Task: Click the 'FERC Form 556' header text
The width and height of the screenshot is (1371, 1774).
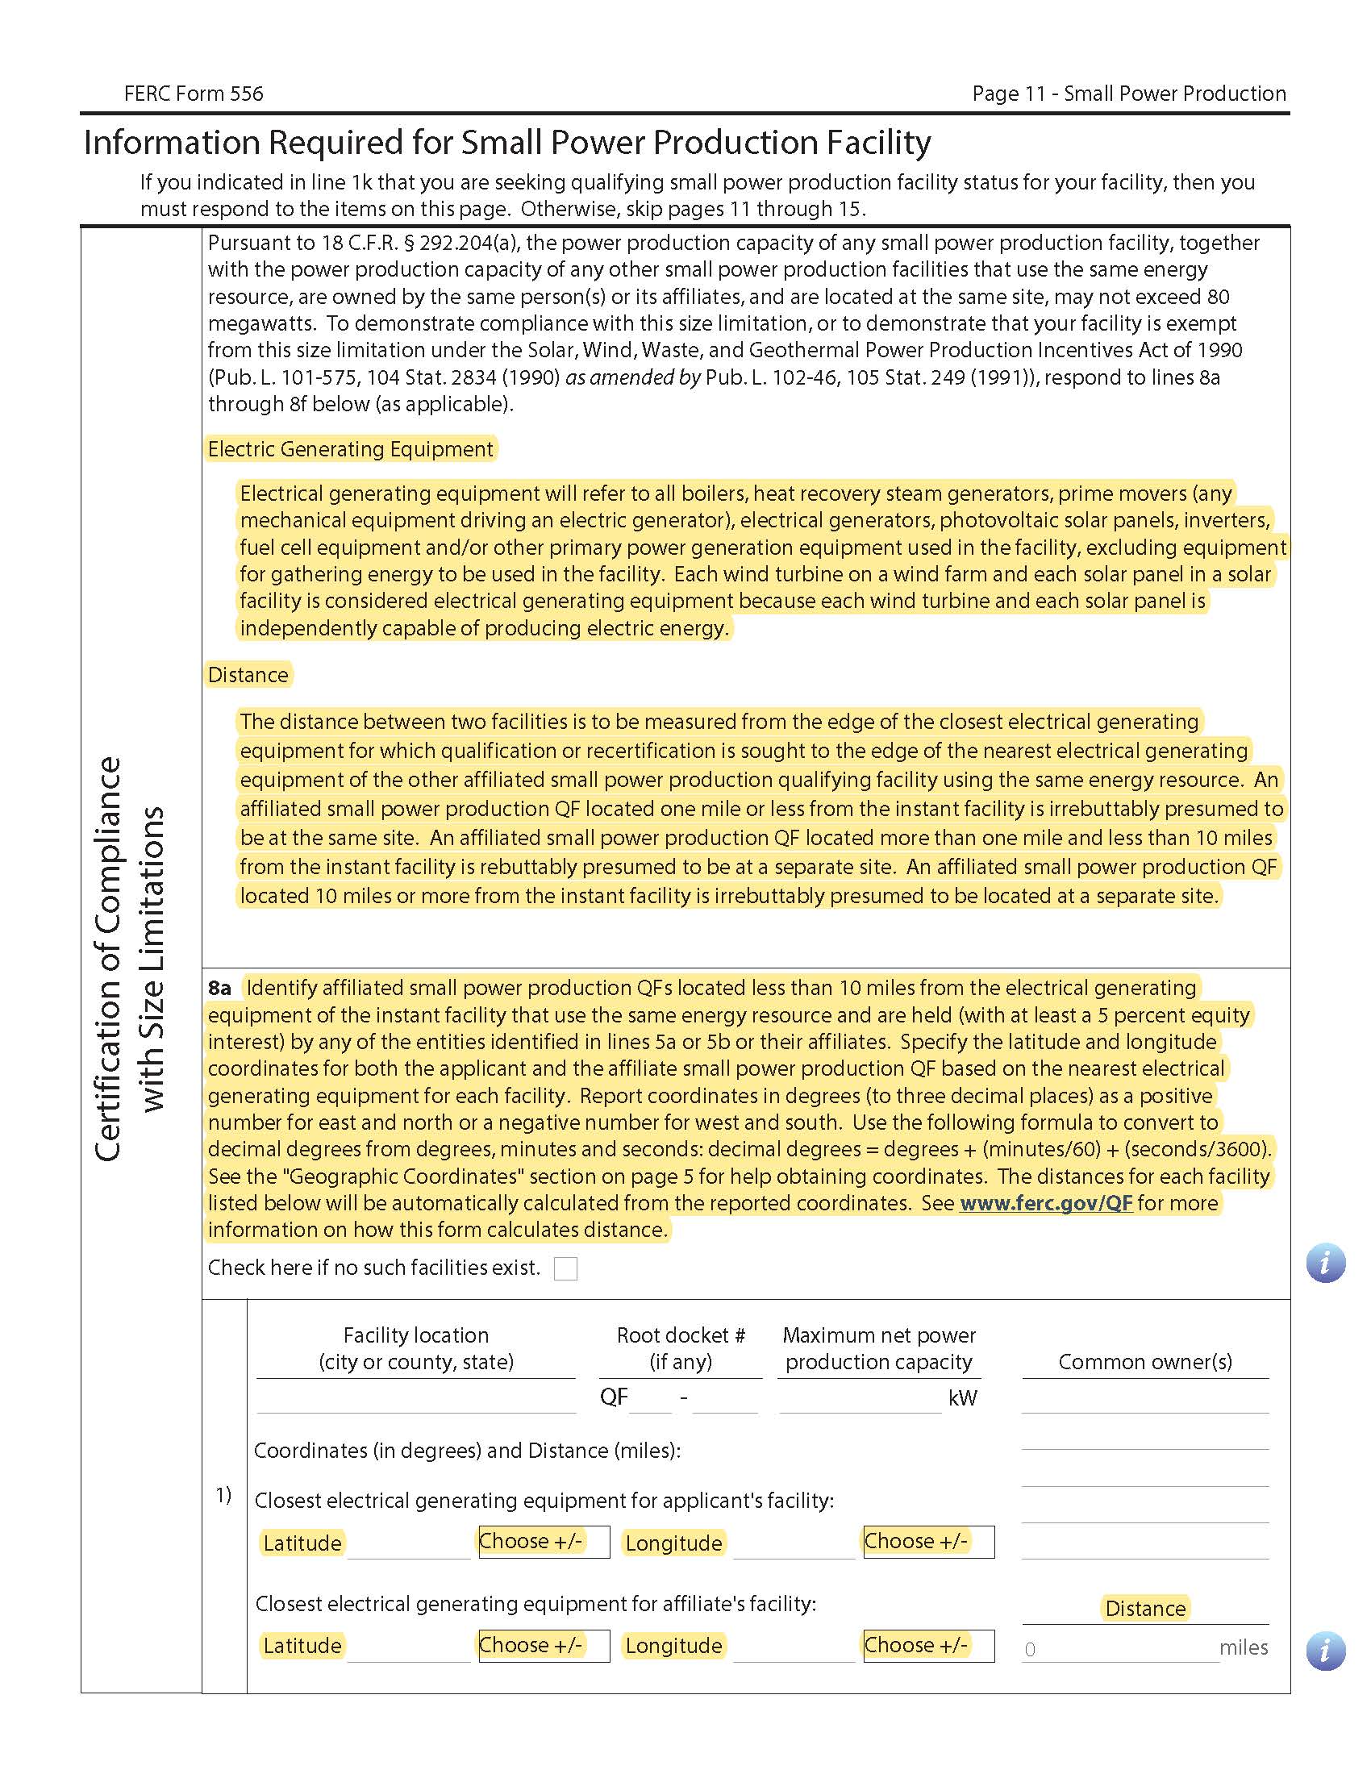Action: tap(194, 94)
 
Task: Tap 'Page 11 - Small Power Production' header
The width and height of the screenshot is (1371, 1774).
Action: tap(1128, 94)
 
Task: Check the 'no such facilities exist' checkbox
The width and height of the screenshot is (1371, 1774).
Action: tap(565, 1268)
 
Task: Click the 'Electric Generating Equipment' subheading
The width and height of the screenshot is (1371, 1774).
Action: tap(350, 449)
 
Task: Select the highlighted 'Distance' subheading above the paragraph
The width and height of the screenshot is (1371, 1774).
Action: tap(248, 675)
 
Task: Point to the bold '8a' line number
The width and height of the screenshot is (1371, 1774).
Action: tap(219, 988)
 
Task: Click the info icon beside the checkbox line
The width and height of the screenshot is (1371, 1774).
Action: tap(1326, 1263)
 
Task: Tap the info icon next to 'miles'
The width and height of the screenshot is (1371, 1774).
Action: tap(1326, 1651)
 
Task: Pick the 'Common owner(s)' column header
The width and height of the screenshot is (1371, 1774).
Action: tap(1144, 1362)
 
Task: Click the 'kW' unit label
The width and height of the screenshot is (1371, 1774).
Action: tap(962, 1398)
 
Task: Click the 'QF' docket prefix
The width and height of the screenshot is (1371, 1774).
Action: tap(613, 1397)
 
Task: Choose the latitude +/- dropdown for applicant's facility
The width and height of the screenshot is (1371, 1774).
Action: tap(544, 1542)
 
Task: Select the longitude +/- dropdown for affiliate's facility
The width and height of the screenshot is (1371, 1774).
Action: tap(928, 1646)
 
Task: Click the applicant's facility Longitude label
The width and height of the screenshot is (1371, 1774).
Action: tap(673, 1543)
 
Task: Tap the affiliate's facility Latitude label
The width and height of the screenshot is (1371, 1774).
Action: tap(302, 1646)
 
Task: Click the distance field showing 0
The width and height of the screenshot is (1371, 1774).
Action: tap(1119, 1649)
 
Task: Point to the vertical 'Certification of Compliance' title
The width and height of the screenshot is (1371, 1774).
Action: tap(108, 959)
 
